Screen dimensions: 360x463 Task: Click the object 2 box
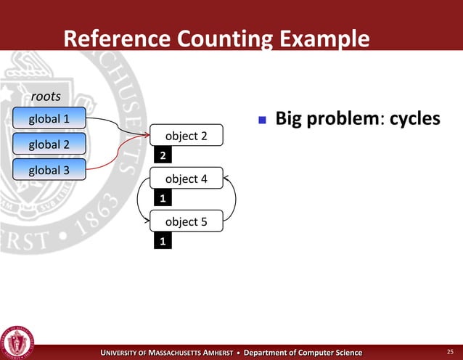tap(186, 135)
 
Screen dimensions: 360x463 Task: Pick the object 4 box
tap(186, 179)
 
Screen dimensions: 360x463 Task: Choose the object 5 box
tap(186, 221)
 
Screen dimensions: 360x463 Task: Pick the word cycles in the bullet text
tap(414, 118)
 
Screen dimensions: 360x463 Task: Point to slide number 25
tap(449, 352)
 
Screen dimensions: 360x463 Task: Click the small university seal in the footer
tap(19, 340)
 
